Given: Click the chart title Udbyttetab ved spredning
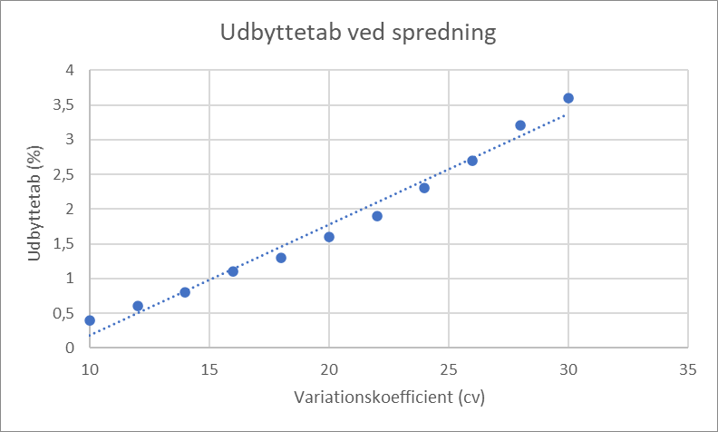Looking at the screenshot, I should pos(359,34).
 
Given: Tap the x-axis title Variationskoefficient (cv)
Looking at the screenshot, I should pos(389,398).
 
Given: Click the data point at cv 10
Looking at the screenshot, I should pos(90,320).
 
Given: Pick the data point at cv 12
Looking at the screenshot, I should pos(138,306).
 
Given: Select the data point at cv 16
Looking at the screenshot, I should pos(233,271).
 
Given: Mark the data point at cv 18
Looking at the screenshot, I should pos(281,258).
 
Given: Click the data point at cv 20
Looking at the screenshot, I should pos(329,237).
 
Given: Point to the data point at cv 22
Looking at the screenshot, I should pos(377,216).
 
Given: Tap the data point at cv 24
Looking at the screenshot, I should pos(424,188).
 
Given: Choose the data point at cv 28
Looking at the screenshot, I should pos(520,125).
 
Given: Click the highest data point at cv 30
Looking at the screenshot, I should pos(568,98).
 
